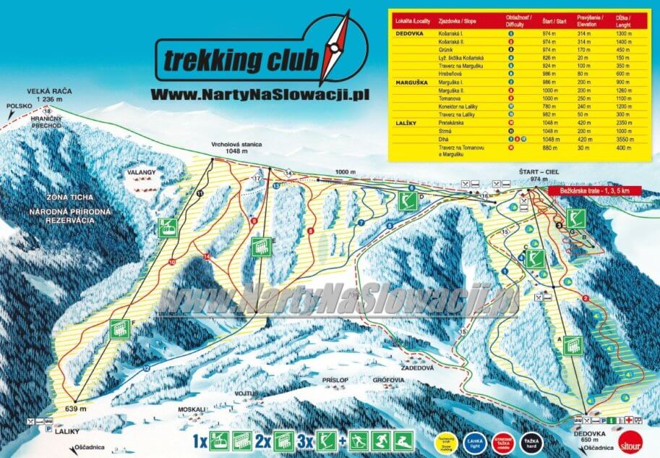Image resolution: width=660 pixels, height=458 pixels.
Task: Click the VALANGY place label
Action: pos(142,172)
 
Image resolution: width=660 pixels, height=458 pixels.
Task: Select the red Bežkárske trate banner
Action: pos(588,191)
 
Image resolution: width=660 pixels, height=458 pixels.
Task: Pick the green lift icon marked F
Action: pos(119,331)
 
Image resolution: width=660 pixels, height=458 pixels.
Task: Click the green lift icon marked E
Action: pos(261,247)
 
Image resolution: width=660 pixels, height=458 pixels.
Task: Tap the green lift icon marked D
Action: pos(407,200)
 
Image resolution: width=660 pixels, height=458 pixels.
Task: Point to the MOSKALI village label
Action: pos(192,409)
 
